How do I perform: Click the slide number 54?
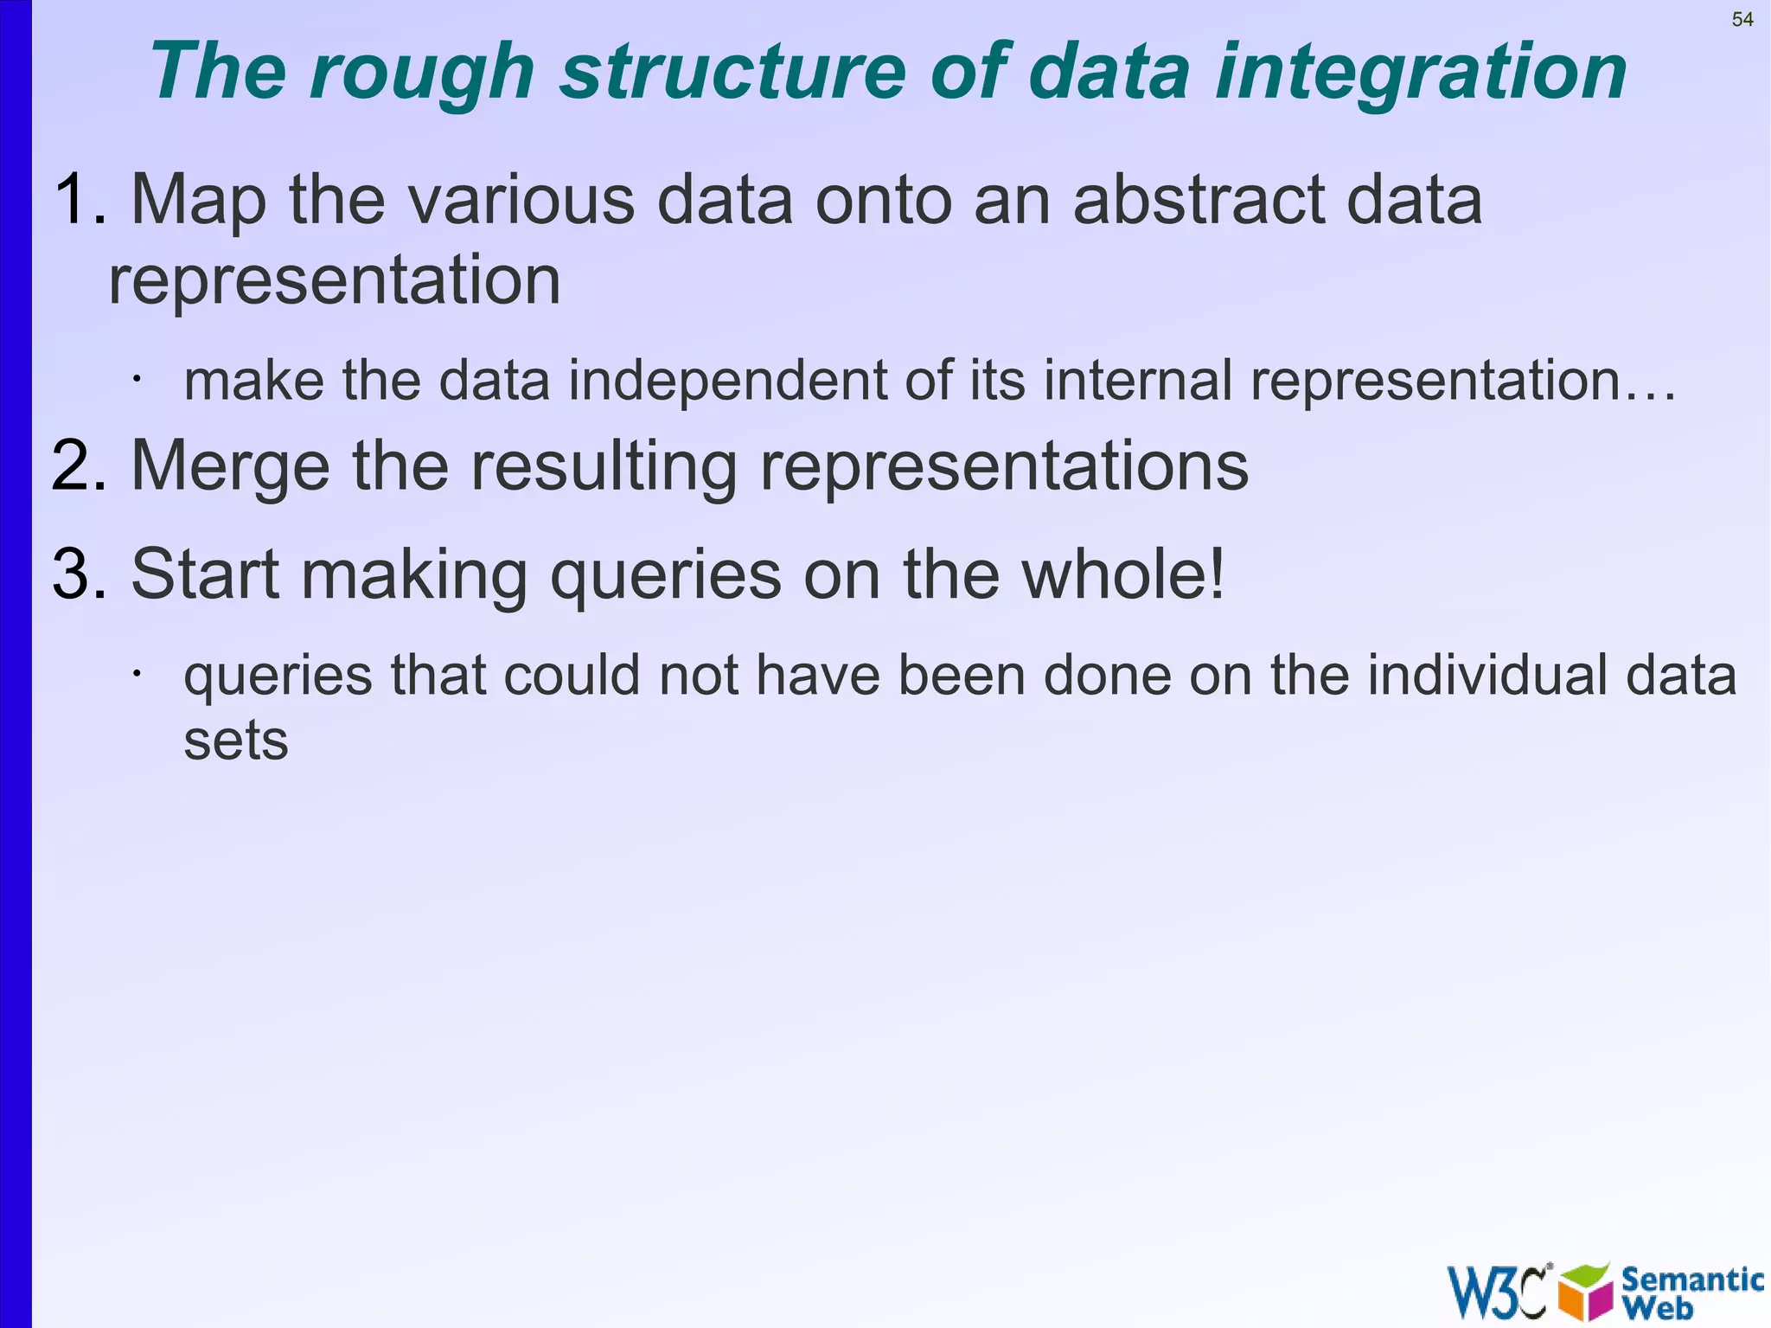pos(1742,20)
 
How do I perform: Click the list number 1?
pos(78,201)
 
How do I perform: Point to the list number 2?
pos(78,467)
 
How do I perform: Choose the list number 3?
pos(78,574)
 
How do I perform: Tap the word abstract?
pos(1198,201)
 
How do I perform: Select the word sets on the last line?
pos(235,742)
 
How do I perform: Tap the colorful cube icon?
pos(1585,1292)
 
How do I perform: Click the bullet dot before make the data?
pos(136,379)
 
